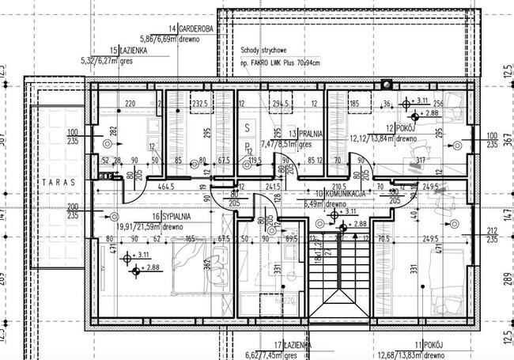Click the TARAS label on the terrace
[x=59, y=181]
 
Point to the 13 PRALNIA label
[x=304, y=134]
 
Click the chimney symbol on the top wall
[x=386, y=82]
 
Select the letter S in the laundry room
[x=247, y=127]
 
